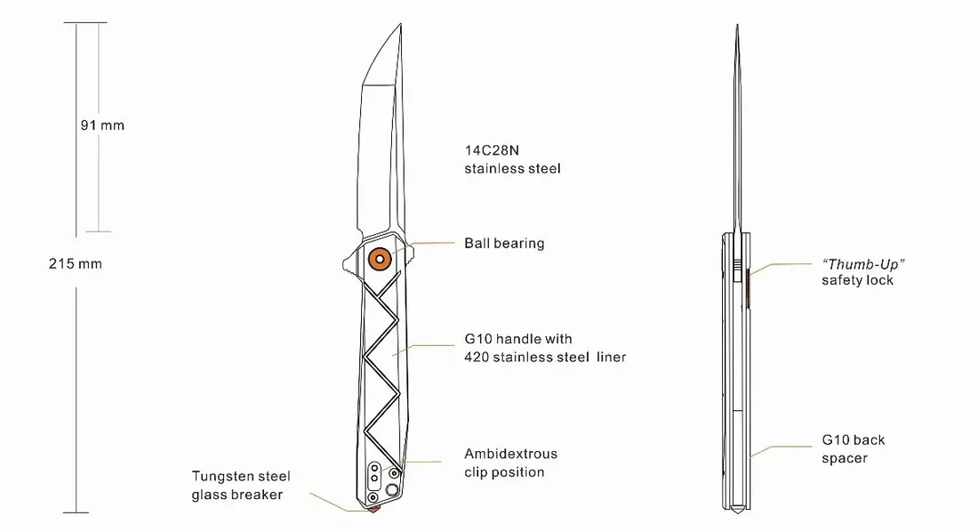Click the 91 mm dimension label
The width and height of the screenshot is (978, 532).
[x=102, y=125]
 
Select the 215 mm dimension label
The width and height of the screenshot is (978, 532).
[x=76, y=263]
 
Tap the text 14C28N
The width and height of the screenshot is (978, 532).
[x=492, y=150]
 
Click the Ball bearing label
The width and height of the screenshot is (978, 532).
[x=504, y=244]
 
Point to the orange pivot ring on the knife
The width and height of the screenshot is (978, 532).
[x=380, y=259]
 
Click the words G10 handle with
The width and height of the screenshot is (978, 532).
[x=517, y=339]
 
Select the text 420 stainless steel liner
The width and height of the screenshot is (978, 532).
[x=544, y=357]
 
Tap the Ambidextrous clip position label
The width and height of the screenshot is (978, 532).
[x=510, y=463]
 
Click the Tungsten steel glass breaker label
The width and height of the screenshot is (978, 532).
[x=241, y=485]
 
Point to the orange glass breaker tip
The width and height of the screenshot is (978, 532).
[x=373, y=509]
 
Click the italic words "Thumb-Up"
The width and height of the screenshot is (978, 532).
[x=863, y=265]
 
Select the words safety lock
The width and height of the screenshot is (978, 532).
[x=857, y=280]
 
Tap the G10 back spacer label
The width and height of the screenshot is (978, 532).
[x=853, y=449]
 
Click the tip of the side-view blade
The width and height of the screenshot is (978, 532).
[x=400, y=24]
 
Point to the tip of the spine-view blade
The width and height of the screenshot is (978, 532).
[x=737, y=26]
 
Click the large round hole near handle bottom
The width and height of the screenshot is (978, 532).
[x=392, y=489]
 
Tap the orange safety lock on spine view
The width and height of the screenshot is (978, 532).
[x=747, y=288]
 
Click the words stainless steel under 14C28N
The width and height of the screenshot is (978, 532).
[x=512, y=169]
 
